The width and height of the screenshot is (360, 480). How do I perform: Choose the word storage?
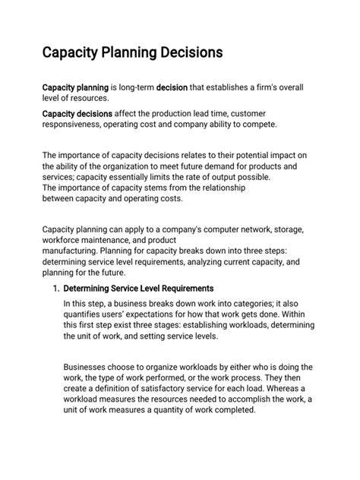point(283,229)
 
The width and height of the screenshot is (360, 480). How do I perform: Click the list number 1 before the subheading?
point(55,289)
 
